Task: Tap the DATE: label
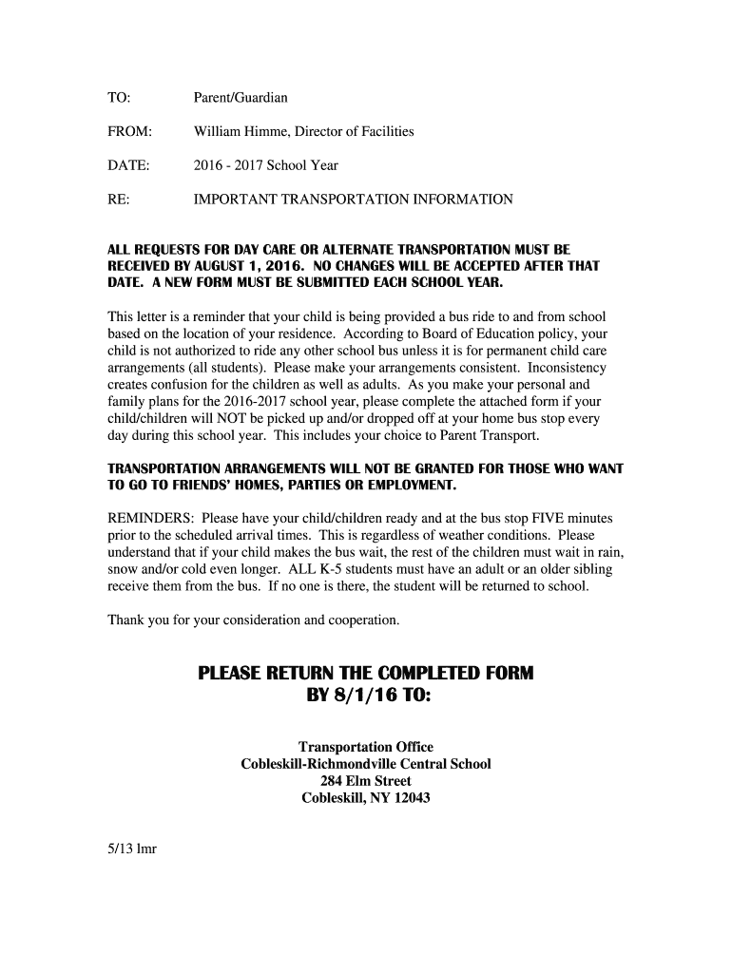coord(128,165)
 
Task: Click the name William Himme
coord(241,131)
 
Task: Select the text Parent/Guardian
coord(241,97)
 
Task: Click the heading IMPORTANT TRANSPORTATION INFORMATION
coord(354,200)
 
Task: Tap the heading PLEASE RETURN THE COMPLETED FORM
coord(366,674)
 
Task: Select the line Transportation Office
coord(366,747)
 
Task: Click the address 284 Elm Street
coord(366,781)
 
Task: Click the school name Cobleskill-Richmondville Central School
coord(366,764)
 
